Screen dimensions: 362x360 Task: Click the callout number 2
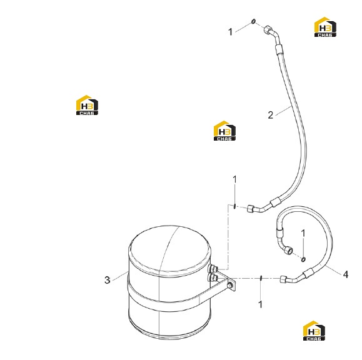point(270,115)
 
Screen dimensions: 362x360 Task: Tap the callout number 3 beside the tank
point(108,280)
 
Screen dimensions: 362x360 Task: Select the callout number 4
point(345,274)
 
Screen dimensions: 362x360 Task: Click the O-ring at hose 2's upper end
point(253,21)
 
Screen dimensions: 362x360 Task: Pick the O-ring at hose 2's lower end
point(234,206)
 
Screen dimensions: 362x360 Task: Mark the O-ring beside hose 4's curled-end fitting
point(303,259)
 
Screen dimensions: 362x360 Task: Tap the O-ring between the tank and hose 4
point(261,278)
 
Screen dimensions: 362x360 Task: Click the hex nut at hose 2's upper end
point(268,29)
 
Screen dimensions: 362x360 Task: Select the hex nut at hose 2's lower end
point(251,208)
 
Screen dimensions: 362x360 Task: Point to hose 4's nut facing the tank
point(283,279)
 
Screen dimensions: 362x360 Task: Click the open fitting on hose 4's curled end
point(288,250)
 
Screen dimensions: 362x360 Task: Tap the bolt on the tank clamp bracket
point(230,286)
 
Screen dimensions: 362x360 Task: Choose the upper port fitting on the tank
point(213,269)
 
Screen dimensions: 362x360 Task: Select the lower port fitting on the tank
point(213,277)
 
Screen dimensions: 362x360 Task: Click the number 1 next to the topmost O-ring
point(230,32)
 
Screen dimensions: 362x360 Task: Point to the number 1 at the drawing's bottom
point(261,304)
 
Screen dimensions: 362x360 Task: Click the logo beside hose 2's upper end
point(325,27)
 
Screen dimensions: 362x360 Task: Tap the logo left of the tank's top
point(87,105)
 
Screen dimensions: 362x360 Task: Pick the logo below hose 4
point(314,331)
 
